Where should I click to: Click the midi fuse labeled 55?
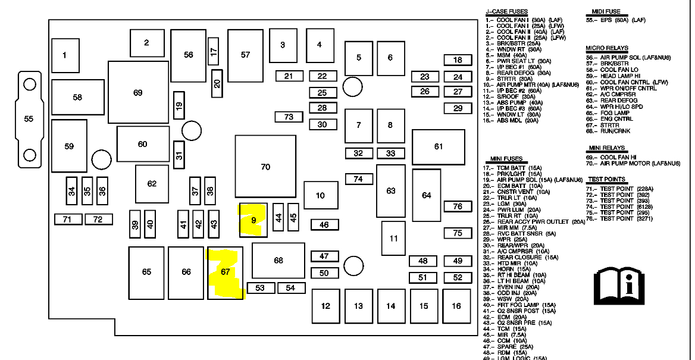point(29,118)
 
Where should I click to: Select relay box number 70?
point(265,167)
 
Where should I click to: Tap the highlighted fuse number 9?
point(253,220)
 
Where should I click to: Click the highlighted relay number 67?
point(225,272)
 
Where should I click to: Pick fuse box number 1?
point(65,55)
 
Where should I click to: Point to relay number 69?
point(138,93)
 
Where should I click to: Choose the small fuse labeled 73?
point(289,117)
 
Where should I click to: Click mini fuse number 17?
point(214,51)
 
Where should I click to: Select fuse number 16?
point(456,306)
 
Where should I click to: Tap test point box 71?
point(68,220)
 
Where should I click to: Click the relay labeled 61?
point(439,146)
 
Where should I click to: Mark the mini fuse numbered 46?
point(324,225)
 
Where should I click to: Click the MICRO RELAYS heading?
point(606,48)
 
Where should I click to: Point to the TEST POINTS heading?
point(606,179)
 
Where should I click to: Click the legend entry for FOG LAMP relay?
point(615,113)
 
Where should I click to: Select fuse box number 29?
point(458,108)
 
